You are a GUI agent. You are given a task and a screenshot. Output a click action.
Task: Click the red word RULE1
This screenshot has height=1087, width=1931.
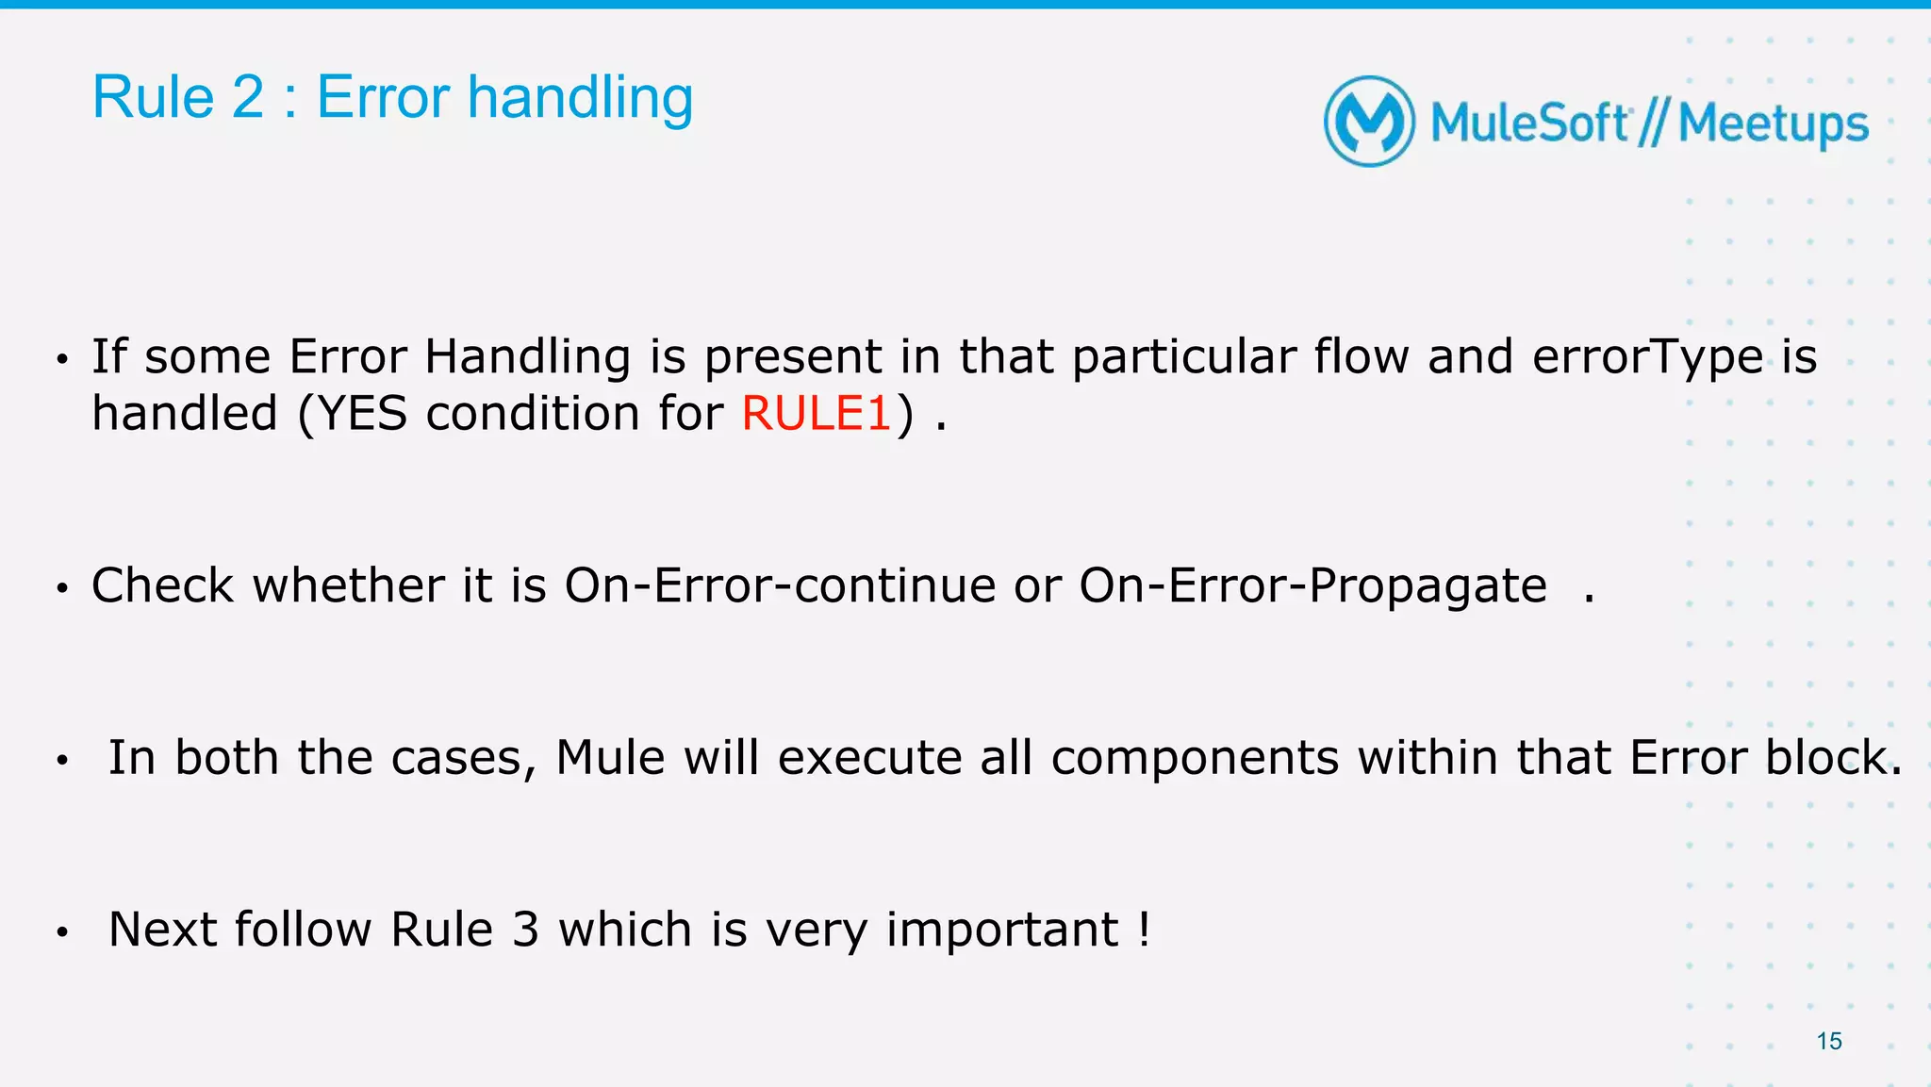click(816, 414)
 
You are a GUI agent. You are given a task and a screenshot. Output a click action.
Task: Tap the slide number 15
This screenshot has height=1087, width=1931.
click(1828, 1041)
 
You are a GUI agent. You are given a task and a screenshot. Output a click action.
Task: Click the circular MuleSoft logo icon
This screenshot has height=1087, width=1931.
click(1369, 122)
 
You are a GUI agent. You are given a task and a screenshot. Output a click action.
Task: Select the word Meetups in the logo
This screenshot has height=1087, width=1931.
click(1773, 124)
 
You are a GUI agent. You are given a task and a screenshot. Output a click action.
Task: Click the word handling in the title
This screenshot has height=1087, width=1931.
click(580, 98)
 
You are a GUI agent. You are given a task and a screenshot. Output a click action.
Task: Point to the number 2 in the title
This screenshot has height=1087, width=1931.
click(248, 98)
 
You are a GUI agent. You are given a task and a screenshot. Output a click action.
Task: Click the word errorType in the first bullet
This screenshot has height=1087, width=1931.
click(1647, 356)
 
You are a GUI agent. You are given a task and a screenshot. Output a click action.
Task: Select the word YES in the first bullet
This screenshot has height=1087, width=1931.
click(363, 414)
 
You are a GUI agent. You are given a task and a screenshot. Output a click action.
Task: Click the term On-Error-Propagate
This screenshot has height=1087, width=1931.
click(1312, 585)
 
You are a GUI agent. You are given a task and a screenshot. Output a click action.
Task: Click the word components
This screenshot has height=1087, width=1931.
click(1195, 757)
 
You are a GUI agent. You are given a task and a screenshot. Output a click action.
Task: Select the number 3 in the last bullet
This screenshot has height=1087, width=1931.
click(525, 930)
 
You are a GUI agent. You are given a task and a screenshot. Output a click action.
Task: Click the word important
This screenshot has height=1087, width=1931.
click(1002, 930)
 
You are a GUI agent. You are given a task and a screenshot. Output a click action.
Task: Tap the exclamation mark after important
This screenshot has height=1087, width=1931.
click(1144, 930)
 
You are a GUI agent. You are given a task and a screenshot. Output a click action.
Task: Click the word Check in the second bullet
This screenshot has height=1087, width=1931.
click(162, 585)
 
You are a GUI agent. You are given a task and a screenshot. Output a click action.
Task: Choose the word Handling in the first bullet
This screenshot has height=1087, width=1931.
click(527, 356)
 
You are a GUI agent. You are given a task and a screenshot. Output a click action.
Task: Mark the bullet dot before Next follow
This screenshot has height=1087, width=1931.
click(62, 932)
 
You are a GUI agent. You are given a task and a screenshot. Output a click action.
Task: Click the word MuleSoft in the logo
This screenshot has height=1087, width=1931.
click(1529, 124)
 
